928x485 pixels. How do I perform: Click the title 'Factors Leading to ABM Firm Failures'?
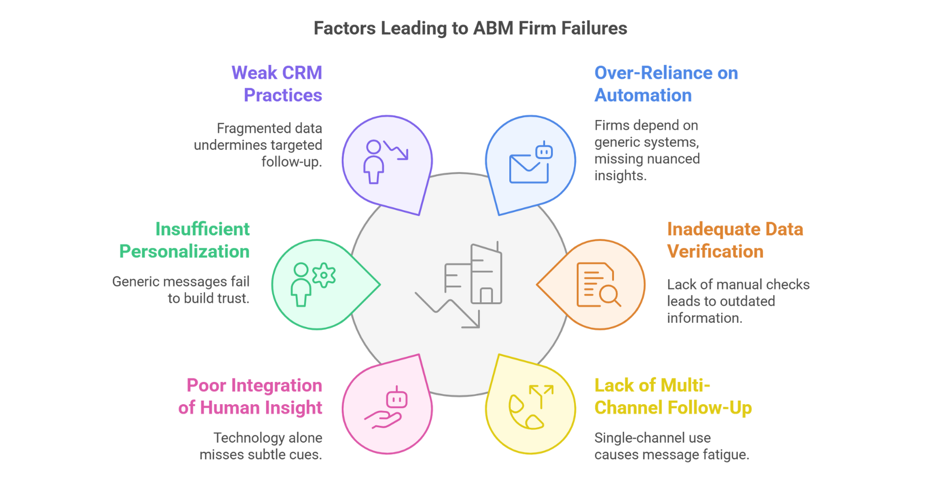tap(470, 28)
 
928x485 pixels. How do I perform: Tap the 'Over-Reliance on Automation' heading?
tap(665, 84)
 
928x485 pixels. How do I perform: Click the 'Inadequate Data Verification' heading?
tap(735, 240)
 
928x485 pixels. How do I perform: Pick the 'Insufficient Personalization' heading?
tap(185, 240)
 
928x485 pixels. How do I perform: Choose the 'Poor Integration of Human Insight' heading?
tap(251, 396)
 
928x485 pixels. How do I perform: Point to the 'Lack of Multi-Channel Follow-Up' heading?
tap(672, 396)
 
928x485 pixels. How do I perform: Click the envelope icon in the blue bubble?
tap(528, 169)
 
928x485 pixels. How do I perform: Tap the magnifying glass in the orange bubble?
tap(609, 295)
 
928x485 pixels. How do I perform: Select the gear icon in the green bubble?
tap(324, 275)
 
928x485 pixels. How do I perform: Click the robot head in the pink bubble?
tap(396, 399)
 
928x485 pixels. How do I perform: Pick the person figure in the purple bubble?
tap(373, 162)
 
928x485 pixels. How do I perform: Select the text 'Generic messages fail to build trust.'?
tap(181, 290)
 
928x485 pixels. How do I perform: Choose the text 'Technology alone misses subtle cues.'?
tap(261, 446)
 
